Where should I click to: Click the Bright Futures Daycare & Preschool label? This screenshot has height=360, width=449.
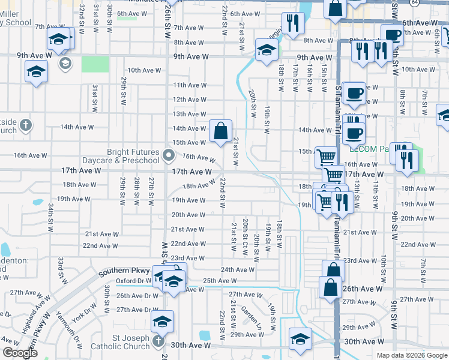tap(133, 157)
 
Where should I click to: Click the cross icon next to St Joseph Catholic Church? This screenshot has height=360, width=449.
tap(158, 341)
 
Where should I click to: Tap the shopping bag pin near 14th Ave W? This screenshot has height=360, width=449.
tap(220, 130)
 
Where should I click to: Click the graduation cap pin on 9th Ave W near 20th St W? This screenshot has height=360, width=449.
tap(265, 50)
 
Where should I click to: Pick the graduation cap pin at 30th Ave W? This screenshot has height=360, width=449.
tap(300, 338)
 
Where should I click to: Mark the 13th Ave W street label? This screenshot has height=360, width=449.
tap(189, 114)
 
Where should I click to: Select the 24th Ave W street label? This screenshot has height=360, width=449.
tap(237, 270)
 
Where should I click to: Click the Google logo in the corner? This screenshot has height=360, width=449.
tap(20, 352)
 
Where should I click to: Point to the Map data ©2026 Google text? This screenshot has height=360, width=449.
tap(411, 355)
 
